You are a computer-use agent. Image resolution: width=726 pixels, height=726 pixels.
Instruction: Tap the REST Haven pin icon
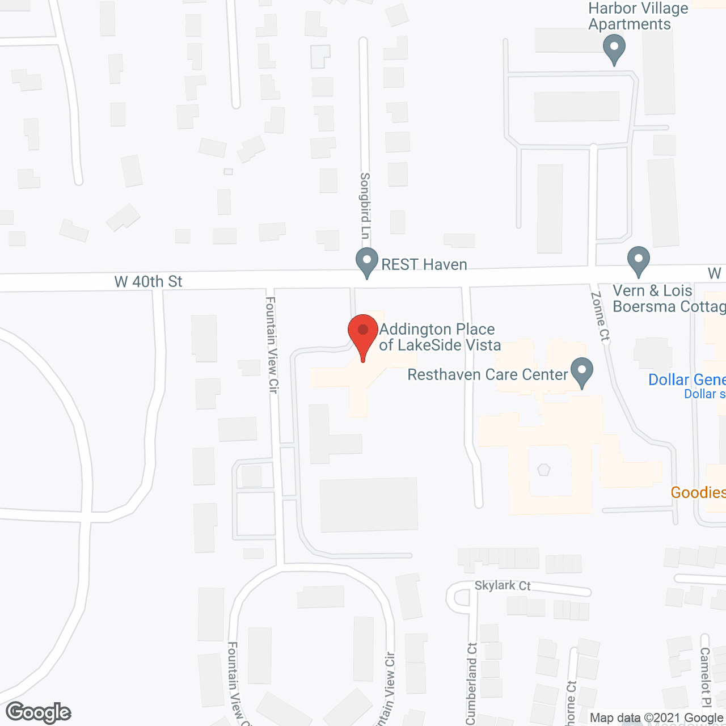[x=367, y=263]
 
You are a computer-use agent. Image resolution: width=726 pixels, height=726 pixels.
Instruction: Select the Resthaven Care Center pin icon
[x=582, y=372]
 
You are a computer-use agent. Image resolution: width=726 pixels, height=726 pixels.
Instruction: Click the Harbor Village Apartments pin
[x=614, y=49]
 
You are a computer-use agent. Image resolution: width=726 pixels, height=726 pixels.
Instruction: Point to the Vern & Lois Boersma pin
[x=639, y=261]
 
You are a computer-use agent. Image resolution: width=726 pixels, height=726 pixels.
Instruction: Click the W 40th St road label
[x=149, y=281]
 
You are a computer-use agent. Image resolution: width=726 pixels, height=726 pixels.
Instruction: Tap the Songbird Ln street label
[x=365, y=206]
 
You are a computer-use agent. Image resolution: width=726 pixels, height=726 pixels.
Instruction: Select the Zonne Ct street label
[x=600, y=316]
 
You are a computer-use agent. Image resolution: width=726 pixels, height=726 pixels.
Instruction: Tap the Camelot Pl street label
[x=705, y=677]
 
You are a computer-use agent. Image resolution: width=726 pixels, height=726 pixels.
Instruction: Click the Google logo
[x=39, y=712]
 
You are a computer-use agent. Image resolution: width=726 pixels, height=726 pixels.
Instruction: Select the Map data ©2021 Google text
[x=656, y=718]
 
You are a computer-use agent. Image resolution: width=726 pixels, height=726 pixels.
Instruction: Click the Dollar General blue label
[x=687, y=379]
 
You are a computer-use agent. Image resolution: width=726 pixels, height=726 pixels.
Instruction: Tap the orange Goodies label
[x=698, y=492]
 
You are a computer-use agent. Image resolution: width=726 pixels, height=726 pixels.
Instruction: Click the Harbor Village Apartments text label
[x=638, y=16]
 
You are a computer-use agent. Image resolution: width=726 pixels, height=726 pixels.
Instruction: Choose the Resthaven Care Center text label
[x=488, y=374]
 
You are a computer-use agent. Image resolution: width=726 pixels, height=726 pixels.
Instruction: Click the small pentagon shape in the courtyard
[x=544, y=470]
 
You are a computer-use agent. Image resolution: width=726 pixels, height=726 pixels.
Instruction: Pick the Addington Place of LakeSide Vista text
[x=440, y=337]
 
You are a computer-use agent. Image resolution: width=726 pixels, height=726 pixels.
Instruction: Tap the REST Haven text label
[x=424, y=264]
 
